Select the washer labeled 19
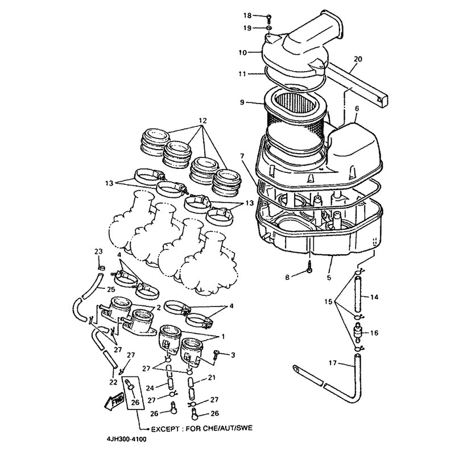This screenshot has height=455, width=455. click(268, 27)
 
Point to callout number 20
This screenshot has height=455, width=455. click(357, 59)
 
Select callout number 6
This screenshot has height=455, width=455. click(357, 108)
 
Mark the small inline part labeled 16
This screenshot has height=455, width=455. click(358, 332)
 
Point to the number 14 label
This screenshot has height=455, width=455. click(374, 296)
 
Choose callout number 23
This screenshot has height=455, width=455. click(97, 251)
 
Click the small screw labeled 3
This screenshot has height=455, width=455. click(217, 354)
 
